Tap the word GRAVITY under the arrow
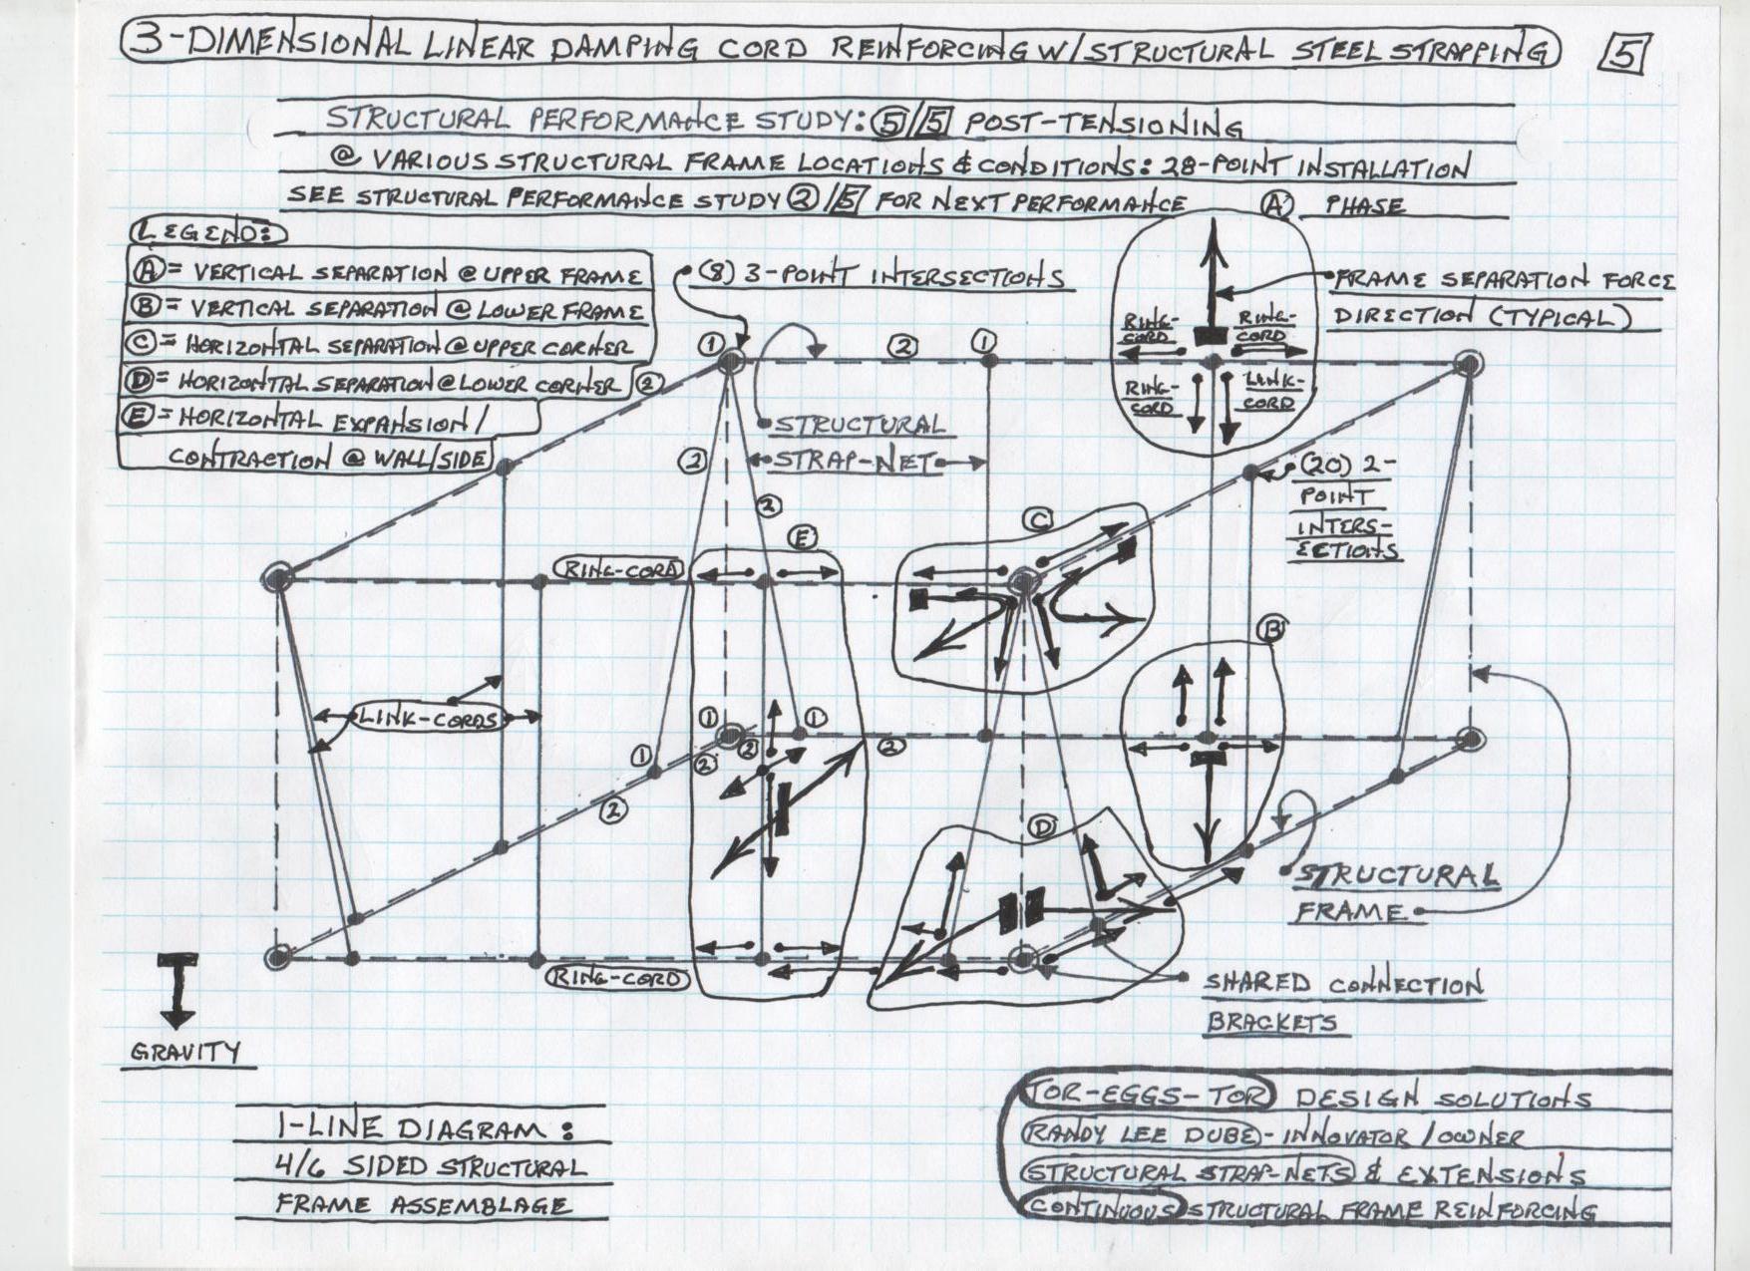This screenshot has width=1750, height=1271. click(x=186, y=1052)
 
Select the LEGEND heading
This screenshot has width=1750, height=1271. click(x=207, y=233)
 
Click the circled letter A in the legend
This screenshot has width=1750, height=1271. click(x=143, y=271)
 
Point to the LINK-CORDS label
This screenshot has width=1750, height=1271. click(x=428, y=718)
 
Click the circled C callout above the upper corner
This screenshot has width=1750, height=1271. click(x=1038, y=519)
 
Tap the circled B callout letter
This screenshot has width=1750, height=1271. click(x=1271, y=630)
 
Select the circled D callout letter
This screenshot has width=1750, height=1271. click(x=1042, y=827)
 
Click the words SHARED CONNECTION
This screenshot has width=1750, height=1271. click(x=1342, y=985)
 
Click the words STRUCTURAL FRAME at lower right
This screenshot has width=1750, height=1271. click(x=1396, y=892)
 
